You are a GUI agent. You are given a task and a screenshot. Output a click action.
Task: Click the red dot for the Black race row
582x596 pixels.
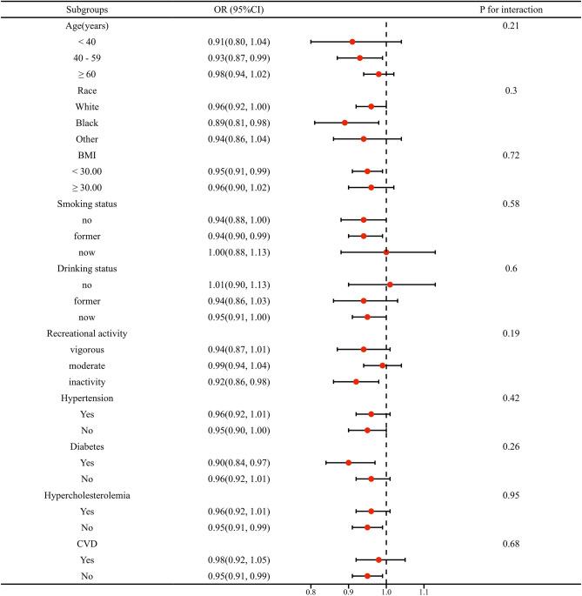(345, 123)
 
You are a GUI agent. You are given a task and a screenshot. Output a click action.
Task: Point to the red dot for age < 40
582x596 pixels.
(352, 42)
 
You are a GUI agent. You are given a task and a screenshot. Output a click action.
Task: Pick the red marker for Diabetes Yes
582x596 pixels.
(349, 463)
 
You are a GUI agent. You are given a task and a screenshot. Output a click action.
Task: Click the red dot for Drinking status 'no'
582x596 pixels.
(390, 285)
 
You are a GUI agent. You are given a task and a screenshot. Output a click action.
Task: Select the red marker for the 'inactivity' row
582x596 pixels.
(356, 382)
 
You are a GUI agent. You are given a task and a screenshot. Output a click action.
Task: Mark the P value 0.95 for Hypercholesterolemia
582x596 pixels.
(511, 495)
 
